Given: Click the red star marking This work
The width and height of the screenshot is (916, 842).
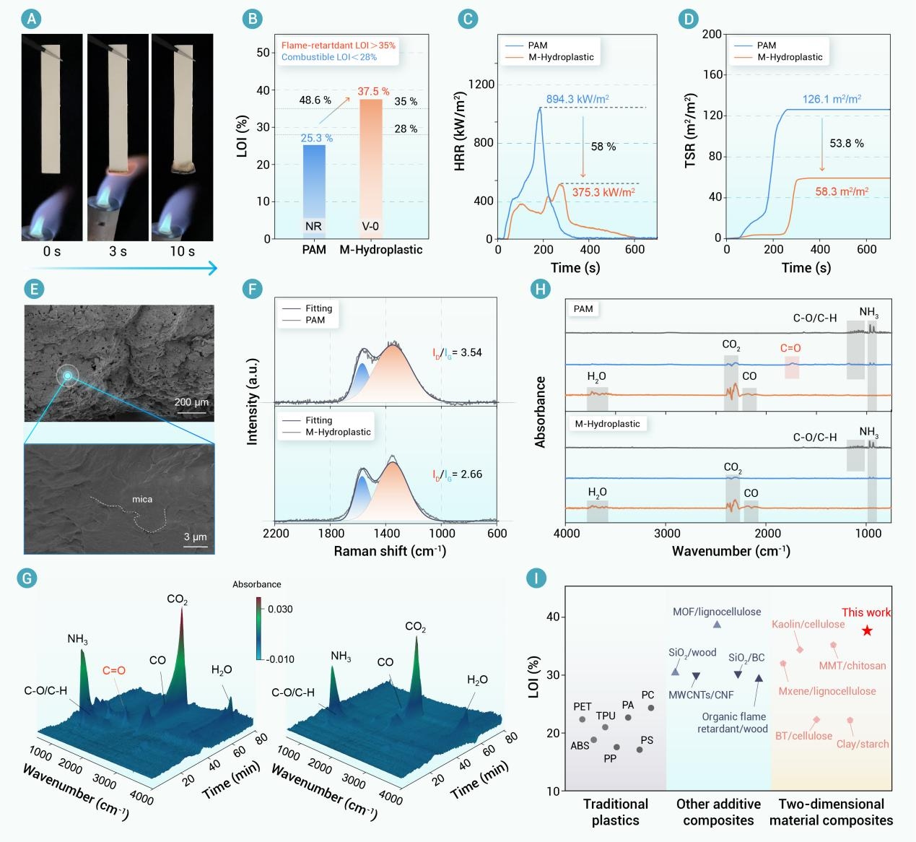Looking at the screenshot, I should tap(868, 630).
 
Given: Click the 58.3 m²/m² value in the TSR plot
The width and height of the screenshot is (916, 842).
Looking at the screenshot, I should tap(842, 192).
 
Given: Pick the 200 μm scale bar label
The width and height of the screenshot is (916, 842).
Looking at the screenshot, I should tap(191, 402).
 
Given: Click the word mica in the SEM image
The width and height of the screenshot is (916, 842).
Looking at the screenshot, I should tap(142, 499).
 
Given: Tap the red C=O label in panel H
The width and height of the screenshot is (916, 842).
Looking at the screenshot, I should tap(790, 348).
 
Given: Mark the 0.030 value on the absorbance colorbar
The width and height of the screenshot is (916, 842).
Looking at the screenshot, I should tap(280, 609).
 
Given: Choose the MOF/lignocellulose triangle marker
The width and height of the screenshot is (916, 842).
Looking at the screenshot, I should tap(717, 624).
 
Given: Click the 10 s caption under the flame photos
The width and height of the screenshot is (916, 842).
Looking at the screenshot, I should tap(182, 251).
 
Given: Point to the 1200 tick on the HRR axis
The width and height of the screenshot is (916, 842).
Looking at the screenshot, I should tap(481, 84).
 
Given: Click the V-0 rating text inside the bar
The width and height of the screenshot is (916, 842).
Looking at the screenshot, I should tap(370, 226).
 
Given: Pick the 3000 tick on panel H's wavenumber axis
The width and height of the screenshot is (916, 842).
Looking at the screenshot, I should tap(667, 534).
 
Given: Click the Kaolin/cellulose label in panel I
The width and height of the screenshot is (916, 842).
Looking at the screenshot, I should tap(808, 624).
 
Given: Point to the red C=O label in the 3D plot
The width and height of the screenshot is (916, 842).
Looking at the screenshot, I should tap(114, 670).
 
